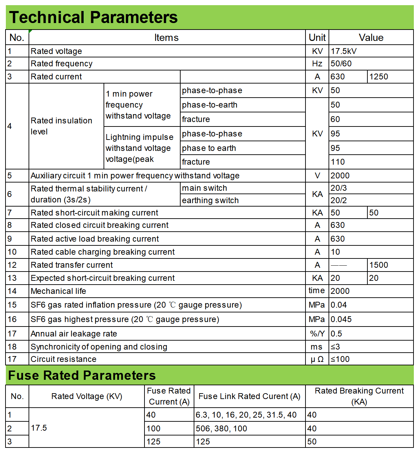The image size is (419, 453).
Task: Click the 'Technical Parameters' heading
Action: coord(93,17)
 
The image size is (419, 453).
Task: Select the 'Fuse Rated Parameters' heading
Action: coord(82,375)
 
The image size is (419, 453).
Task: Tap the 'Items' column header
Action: coord(166,37)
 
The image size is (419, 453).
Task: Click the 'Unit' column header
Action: coord(317,37)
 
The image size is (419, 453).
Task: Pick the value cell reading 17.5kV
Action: coord(344,51)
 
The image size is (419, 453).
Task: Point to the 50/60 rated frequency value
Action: coord(341,64)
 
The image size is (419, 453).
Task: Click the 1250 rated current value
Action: coord(379,77)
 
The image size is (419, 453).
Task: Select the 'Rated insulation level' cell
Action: coord(62,126)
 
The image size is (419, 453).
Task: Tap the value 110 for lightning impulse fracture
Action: coord(338,162)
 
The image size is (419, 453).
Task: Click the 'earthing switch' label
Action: coord(210,200)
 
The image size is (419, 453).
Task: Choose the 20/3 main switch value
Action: coord(339,188)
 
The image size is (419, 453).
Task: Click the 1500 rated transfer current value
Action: coord(379,265)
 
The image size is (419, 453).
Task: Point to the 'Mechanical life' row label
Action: coord(58,291)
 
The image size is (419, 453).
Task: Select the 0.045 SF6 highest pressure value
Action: coord(341,319)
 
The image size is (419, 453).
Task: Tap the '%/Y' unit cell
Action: coord(317,334)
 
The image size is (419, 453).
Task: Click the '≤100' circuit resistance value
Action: coord(340,359)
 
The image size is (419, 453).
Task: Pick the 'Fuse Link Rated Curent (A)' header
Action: coord(249,396)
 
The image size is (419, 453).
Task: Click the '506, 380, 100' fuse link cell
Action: coord(222,429)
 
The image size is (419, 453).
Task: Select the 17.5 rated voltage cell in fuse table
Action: coord(39,428)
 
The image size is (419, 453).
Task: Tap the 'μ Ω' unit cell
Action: coord(317,359)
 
